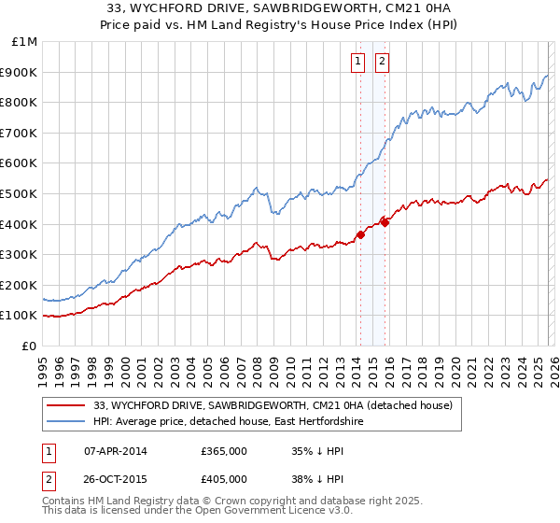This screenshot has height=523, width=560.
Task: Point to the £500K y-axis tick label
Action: coord(20,193)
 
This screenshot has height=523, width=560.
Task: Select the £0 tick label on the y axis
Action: coord(30,346)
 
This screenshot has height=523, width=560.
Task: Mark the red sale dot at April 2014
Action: coord(359,234)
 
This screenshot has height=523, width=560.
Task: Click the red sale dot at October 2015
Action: coord(385,222)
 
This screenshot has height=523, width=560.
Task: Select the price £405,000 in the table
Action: coord(224,478)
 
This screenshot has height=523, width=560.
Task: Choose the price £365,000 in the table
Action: coord(224,451)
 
